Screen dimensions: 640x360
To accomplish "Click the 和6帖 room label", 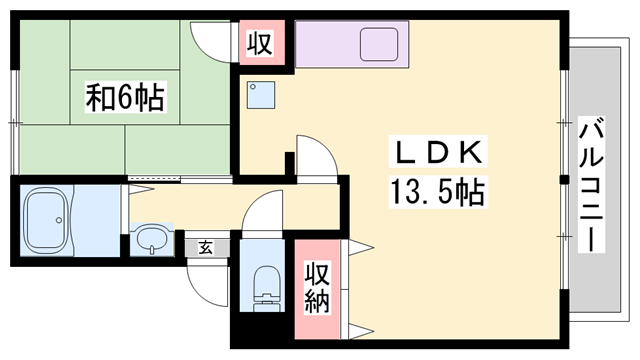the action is tap(125, 97).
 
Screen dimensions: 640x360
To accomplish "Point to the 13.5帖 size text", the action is tap(438, 190).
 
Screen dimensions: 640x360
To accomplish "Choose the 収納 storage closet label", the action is tap(317, 286).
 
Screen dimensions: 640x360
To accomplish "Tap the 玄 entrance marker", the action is tap(202, 245).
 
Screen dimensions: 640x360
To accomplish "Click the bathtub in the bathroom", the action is tap(47, 220).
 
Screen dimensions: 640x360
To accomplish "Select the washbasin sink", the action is tap(152, 239).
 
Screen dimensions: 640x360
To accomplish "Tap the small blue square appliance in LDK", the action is tap(262, 94).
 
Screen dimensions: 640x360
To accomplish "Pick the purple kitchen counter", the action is tap(352, 45).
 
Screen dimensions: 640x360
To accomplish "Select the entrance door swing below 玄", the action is tap(208, 285).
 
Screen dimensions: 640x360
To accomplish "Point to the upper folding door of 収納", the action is tap(360, 247).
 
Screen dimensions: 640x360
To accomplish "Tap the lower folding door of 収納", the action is tap(360, 328).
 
